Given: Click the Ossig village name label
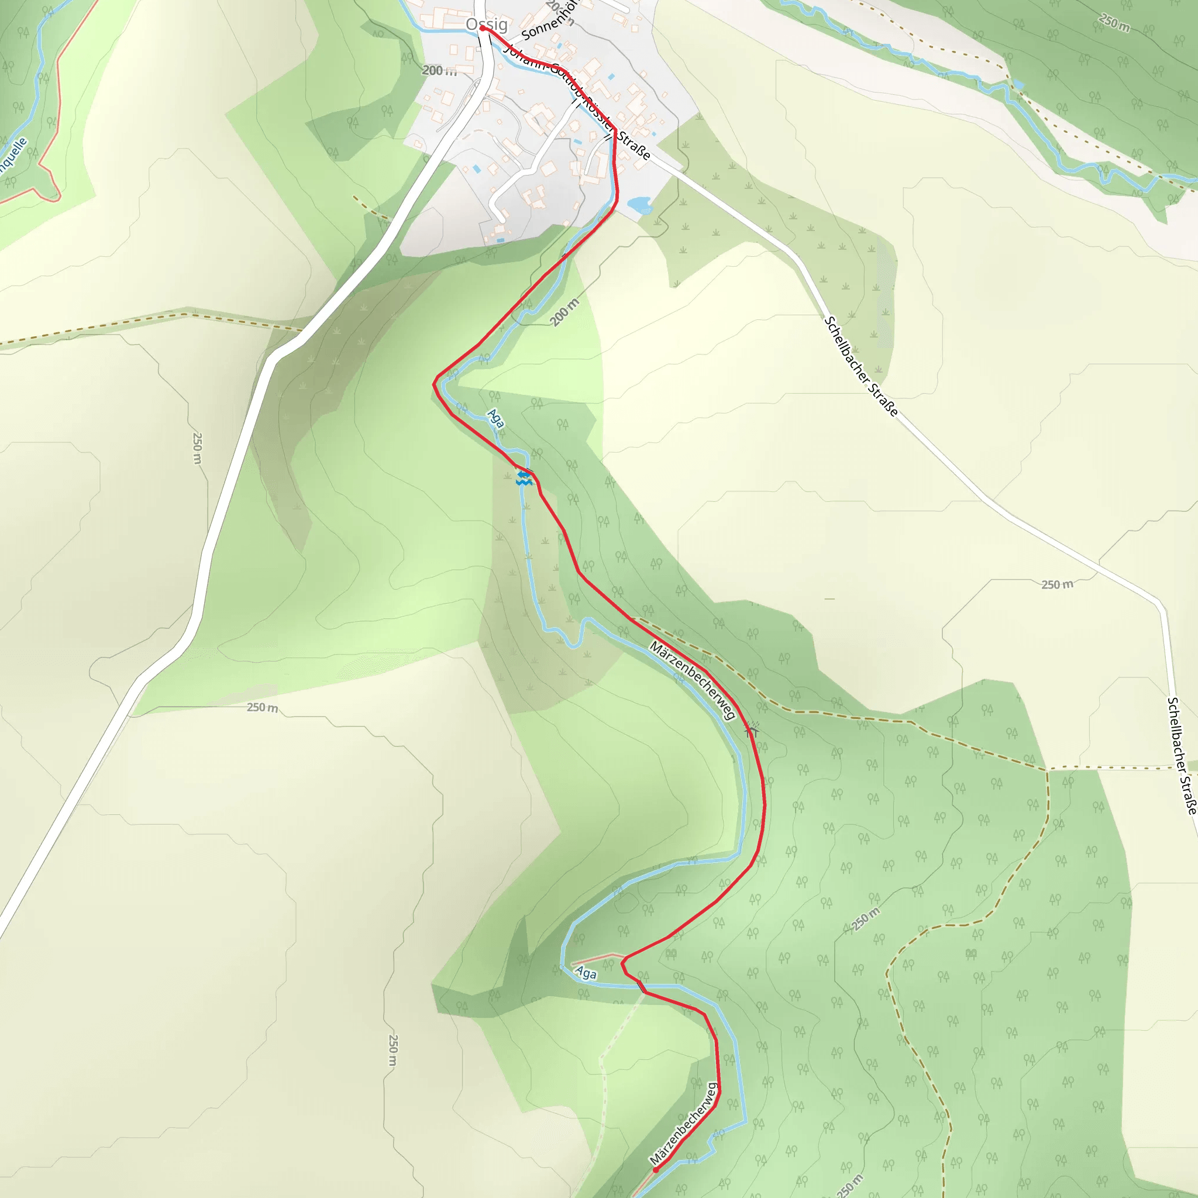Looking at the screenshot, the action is click(x=487, y=24).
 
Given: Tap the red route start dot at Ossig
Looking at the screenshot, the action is click(x=483, y=28).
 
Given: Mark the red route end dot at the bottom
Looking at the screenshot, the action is click(x=655, y=1169).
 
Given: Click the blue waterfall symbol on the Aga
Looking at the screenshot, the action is click(x=524, y=477).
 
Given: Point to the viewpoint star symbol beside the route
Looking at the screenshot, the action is click(x=752, y=730).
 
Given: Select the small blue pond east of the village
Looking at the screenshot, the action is click(x=639, y=204).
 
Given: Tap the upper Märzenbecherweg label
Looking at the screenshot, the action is click(x=692, y=681).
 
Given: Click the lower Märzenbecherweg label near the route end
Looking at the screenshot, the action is click(x=683, y=1124).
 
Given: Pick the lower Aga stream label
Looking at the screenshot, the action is click(x=586, y=973).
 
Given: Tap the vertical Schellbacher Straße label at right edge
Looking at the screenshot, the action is click(x=1182, y=755).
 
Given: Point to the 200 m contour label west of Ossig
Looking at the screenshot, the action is click(x=439, y=71).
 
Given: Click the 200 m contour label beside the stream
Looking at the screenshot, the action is click(x=565, y=312).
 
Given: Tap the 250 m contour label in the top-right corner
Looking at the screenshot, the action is click(x=1114, y=23).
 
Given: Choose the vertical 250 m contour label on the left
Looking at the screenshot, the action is click(x=197, y=447).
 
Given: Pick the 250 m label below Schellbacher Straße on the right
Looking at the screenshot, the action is click(x=1057, y=584).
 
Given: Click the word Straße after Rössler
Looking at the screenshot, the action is click(x=634, y=144).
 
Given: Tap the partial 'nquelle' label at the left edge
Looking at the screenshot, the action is click(x=13, y=154).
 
